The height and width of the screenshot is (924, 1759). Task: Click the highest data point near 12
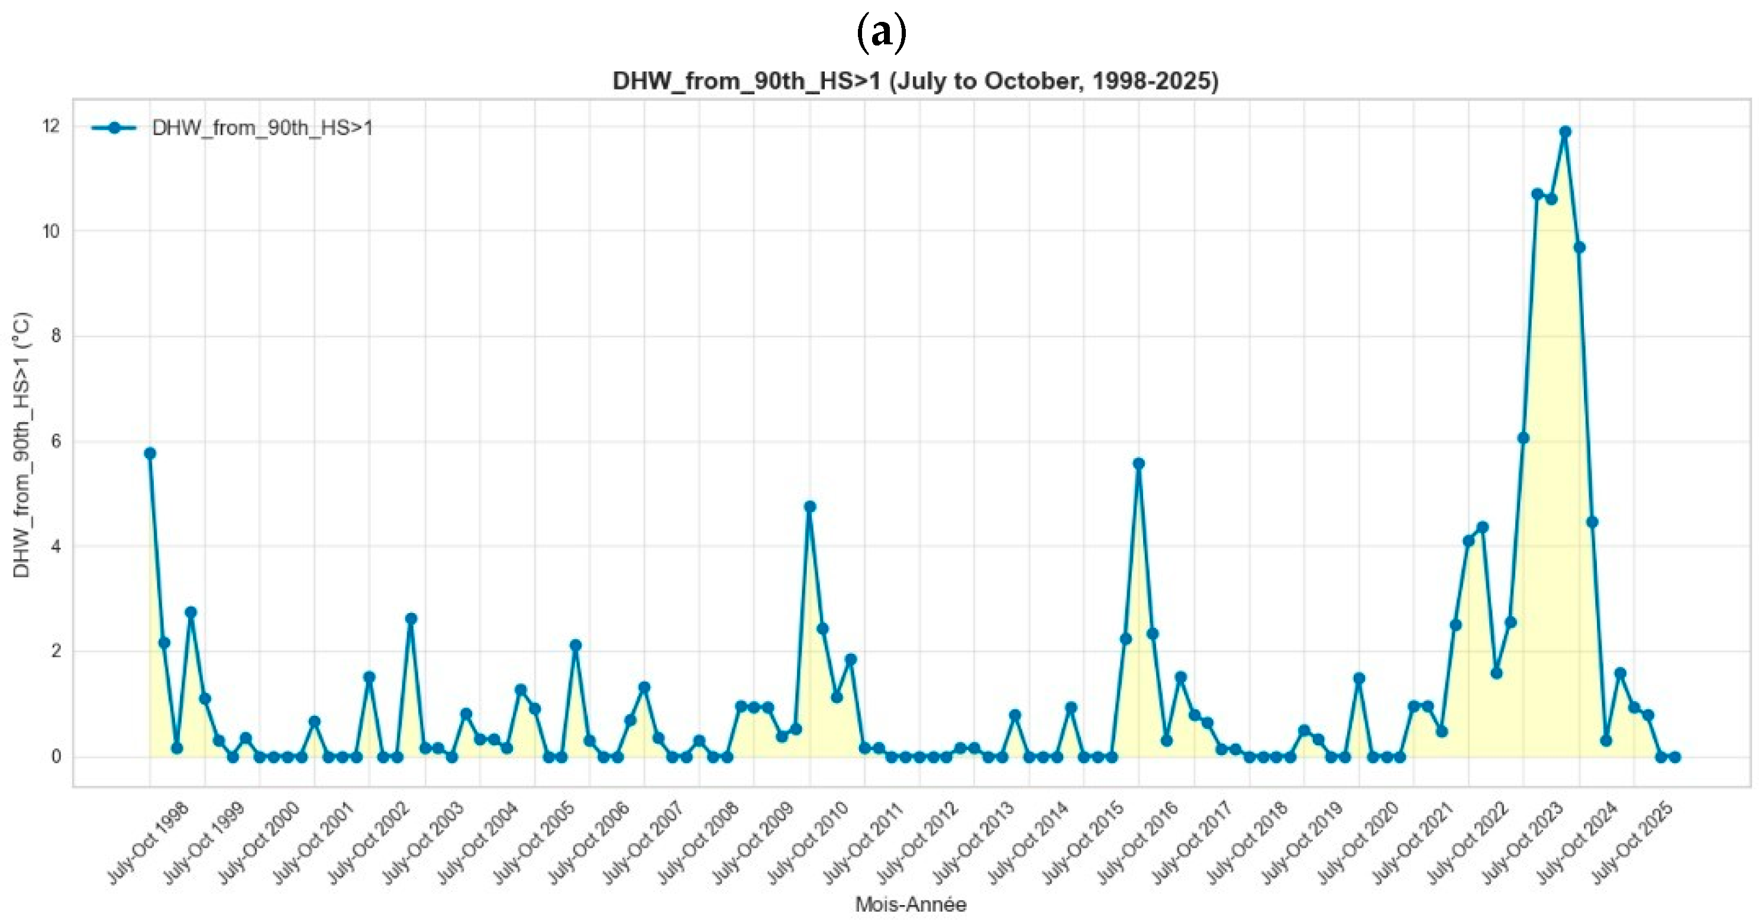point(1565,132)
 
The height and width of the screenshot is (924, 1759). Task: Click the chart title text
point(915,81)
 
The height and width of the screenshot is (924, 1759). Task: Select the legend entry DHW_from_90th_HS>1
point(262,128)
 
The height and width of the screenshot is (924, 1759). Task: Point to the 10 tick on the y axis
point(51,231)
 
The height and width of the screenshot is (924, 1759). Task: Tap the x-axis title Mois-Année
point(911,905)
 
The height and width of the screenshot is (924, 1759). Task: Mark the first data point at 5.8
point(150,453)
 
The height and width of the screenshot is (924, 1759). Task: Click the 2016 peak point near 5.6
point(1138,463)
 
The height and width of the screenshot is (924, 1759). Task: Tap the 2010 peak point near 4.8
point(810,507)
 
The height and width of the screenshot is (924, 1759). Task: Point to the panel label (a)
point(881,32)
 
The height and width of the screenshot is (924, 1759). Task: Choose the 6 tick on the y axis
point(54,442)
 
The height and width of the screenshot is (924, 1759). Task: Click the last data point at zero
point(1674,757)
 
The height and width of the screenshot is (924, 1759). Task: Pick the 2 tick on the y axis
point(54,651)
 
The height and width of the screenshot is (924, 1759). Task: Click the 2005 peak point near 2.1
point(576,645)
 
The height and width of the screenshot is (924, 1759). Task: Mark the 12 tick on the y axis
point(51,127)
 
